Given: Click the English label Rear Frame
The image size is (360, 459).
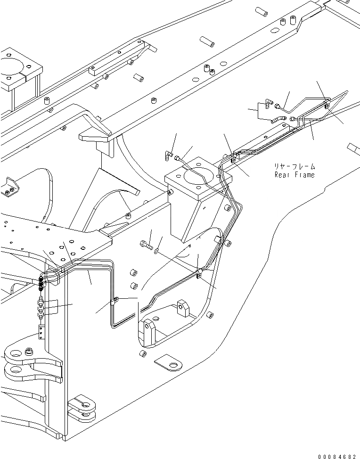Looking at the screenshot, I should (295, 175).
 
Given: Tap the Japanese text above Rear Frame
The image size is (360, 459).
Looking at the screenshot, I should (295, 166).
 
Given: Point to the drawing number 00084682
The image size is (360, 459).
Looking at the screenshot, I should (337, 456).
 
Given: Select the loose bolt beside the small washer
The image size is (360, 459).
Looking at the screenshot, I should (146, 244).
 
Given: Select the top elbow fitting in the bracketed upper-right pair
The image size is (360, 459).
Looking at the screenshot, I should (267, 102).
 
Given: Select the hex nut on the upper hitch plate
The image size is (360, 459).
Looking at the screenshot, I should (30, 351).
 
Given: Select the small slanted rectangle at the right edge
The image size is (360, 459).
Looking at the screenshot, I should (353, 148).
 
